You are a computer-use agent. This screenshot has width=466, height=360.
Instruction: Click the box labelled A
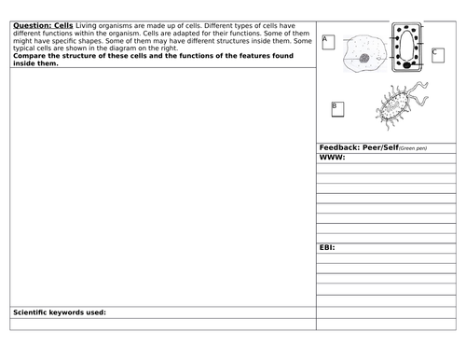click(x=327, y=41)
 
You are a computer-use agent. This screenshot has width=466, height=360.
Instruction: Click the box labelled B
click(x=337, y=109)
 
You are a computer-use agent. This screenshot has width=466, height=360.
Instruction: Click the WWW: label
click(x=332, y=158)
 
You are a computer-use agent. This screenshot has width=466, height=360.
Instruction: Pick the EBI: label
click(x=327, y=247)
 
